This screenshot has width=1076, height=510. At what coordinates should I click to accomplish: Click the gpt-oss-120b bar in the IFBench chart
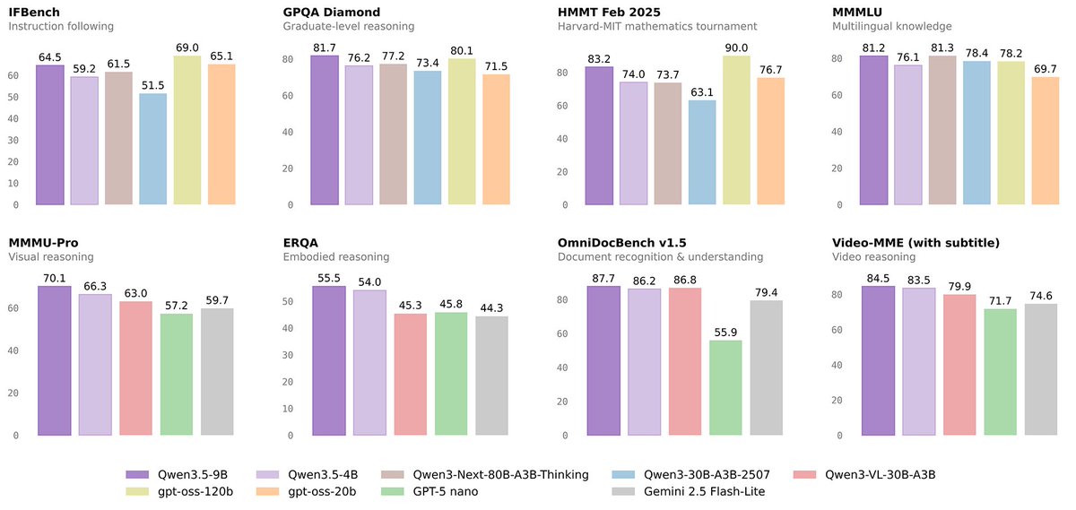187,131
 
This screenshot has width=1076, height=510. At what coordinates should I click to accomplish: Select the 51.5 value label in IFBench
152,85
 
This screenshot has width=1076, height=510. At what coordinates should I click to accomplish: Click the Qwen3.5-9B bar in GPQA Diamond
324,131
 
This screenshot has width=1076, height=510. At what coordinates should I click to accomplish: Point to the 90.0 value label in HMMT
736,48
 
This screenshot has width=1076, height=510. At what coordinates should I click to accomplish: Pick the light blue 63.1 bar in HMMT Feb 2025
702,152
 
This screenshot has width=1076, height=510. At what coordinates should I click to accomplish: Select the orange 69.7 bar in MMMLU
1045,141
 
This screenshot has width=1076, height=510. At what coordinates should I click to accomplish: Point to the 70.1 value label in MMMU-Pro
54,278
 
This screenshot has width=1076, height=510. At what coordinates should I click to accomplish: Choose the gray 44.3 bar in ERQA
491,376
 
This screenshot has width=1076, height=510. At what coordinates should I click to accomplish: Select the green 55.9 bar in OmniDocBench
725,388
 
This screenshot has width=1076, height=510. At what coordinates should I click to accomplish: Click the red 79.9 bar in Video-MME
959,365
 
